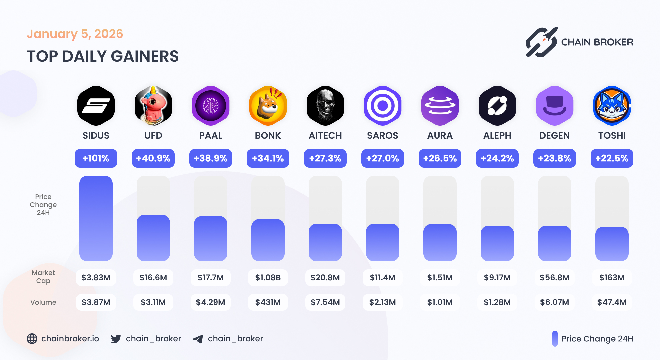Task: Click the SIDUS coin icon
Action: [x=96, y=106]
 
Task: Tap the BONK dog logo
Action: [x=268, y=106]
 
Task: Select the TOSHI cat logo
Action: [x=612, y=106]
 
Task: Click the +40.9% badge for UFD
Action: [x=153, y=158]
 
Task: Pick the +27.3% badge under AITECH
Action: [x=325, y=158]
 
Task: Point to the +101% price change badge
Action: [x=96, y=158]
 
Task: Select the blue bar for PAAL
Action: [x=211, y=239]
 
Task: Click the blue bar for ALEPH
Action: [x=497, y=243]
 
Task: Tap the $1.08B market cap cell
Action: [x=268, y=278]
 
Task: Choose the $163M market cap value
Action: [x=612, y=278]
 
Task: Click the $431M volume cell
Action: [x=268, y=302]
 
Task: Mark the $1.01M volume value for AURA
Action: [x=440, y=302]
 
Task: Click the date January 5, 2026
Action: [x=75, y=34]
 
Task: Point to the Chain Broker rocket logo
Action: [x=541, y=42]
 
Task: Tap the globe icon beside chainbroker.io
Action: [x=32, y=339]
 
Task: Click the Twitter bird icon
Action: [x=116, y=339]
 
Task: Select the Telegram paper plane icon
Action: [x=198, y=339]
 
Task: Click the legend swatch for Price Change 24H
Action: [x=555, y=339]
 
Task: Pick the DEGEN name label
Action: [x=555, y=136]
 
